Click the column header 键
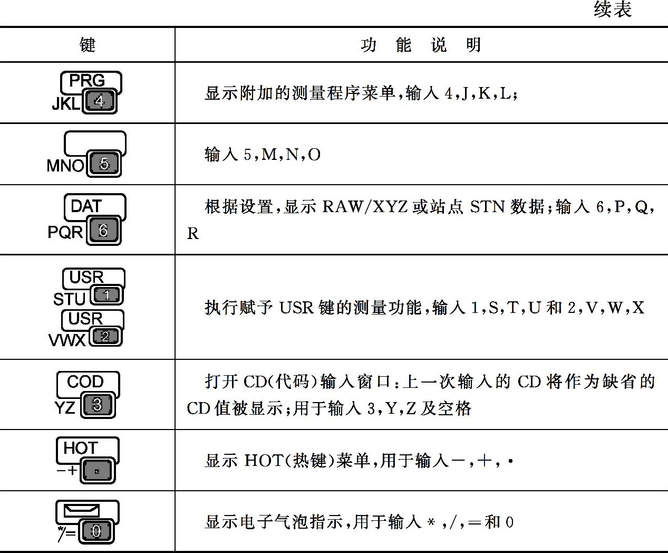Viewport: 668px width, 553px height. [x=88, y=45]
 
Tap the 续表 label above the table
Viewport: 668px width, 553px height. [x=612, y=9]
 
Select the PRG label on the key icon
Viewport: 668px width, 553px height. [x=87, y=81]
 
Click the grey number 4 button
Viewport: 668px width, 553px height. [x=100, y=101]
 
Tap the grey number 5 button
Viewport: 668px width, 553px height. [x=104, y=164]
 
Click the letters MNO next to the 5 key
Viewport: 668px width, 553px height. [x=65, y=166]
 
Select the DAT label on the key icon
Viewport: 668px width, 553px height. [x=86, y=206]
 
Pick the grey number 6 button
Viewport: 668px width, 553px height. [x=103, y=231]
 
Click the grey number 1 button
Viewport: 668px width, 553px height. [x=107, y=295]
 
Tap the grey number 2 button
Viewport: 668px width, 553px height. [x=105, y=336]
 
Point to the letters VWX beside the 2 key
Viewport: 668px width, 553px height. [x=67, y=339]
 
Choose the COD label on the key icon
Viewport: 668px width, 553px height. [x=85, y=382]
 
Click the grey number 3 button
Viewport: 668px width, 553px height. [x=98, y=405]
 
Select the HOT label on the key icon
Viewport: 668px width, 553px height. [x=81, y=448]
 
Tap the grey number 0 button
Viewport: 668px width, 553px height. [x=96, y=531]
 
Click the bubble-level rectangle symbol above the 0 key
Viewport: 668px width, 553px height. [x=81, y=510]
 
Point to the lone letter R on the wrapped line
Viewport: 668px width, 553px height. [x=193, y=234]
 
